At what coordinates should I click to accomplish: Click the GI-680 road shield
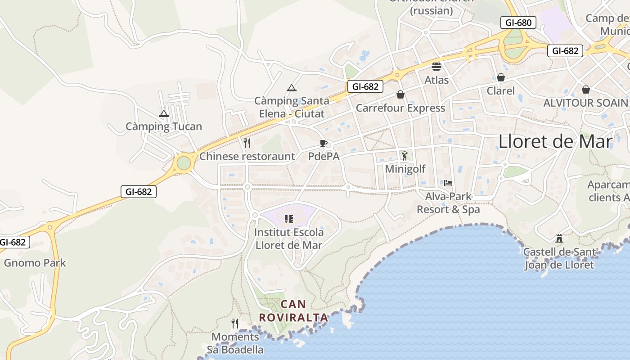pyautogui.click(x=518, y=22)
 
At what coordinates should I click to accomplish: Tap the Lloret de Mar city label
pyautogui.click(x=555, y=142)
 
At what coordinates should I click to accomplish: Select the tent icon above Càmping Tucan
pyautogui.click(x=164, y=114)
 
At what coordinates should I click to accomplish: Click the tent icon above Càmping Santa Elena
pyautogui.click(x=292, y=88)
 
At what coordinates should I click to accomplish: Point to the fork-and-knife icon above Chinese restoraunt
pyautogui.click(x=247, y=143)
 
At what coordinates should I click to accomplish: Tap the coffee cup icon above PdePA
pyautogui.click(x=323, y=144)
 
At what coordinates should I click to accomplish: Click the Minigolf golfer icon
pyautogui.click(x=405, y=156)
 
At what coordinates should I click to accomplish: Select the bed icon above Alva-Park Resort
pyautogui.click(x=448, y=183)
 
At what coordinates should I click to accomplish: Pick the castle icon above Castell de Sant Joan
pyautogui.click(x=559, y=238)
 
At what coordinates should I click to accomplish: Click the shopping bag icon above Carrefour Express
pyautogui.click(x=400, y=94)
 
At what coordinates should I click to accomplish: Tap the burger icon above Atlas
pyautogui.click(x=436, y=67)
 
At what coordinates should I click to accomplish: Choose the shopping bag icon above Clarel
pyautogui.click(x=501, y=78)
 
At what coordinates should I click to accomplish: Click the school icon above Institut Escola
pyautogui.click(x=289, y=219)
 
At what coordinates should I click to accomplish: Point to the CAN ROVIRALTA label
pyautogui.click(x=293, y=311)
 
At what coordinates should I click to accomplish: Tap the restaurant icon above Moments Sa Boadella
pyautogui.click(x=235, y=323)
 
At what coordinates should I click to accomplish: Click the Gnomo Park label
pyautogui.click(x=35, y=263)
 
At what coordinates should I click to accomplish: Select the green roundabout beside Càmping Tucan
pyautogui.click(x=184, y=163)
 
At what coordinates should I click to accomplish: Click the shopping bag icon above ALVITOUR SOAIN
pyautogui.click(x=585, y=90)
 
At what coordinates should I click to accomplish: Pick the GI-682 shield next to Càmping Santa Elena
pyautogui.click(x=365, y=86)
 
